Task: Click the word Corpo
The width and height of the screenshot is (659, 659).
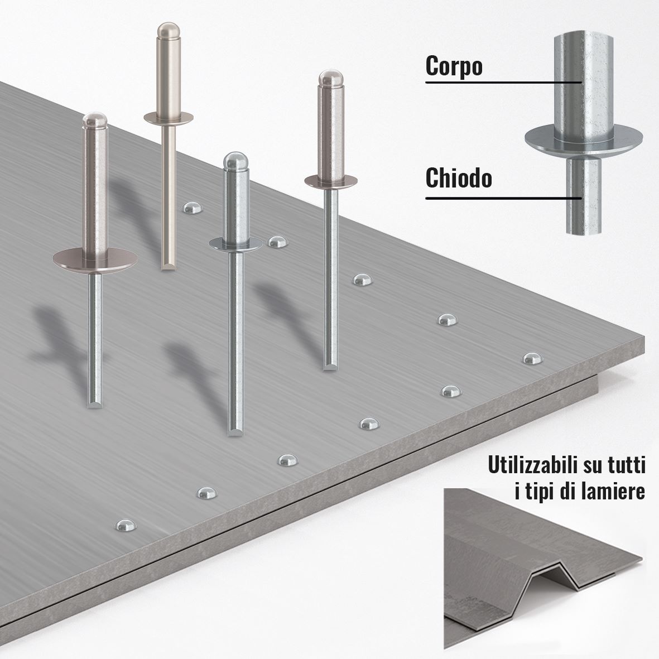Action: point(454,66)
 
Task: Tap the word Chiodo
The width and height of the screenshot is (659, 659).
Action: point(459,178)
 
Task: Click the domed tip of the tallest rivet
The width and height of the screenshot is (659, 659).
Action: point(169,30)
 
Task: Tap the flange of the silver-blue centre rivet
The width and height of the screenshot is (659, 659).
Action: point(235,244)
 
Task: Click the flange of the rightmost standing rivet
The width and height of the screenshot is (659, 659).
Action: point(331,181)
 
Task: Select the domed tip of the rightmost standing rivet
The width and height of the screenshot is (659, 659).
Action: point(331,78)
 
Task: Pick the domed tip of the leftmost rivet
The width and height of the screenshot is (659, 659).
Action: point(94,121)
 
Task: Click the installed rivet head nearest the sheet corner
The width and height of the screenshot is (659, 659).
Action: point(532,358)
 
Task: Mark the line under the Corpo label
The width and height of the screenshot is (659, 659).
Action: point(504,82)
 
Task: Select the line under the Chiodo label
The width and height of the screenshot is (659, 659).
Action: point(504,198)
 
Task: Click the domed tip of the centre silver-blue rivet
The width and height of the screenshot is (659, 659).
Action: point(235,161)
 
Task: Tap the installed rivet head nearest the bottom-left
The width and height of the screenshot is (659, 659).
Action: point(126,526)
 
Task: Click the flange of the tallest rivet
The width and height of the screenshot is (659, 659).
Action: point(169,118)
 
